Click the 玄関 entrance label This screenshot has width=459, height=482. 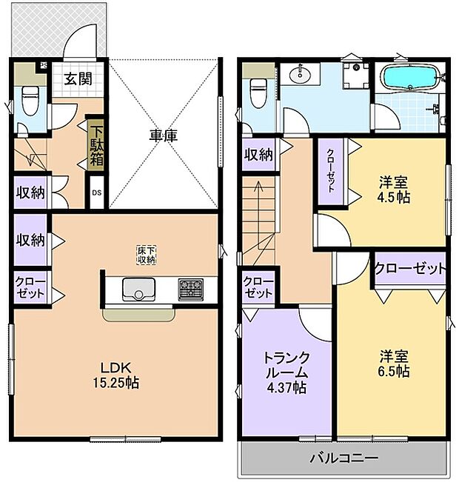click(78, 79)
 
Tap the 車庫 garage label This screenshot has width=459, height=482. click(164, 135)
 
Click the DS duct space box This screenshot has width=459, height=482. click(96, 193)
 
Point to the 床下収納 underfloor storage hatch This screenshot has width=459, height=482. click(147, 255)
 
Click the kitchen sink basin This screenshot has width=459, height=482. click(138, 289)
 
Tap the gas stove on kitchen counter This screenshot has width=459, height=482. click(190, 289)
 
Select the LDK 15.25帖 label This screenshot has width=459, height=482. click(116, 375)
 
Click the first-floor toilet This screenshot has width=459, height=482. click(30, 100)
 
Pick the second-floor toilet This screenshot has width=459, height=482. click(258, 93)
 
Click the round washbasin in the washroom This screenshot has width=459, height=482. click(300, 74)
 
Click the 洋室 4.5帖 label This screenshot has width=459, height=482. click(393, 190)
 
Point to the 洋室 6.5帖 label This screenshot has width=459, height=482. click(394, 364)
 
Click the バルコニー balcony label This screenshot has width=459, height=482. click(344, 458)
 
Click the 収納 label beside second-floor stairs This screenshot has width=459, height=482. click(258, 155)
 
